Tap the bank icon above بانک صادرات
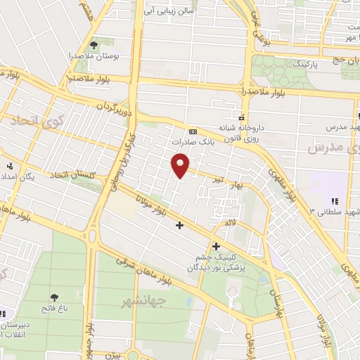(193, 131)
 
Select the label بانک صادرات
(193, 141)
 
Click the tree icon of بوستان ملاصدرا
(94, 46)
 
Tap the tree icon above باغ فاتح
(55, 297)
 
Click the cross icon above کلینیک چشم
(215, 246)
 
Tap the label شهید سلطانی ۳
(328, 210)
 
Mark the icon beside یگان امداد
(9, 166)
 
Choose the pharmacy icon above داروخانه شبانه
(243, 117)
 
